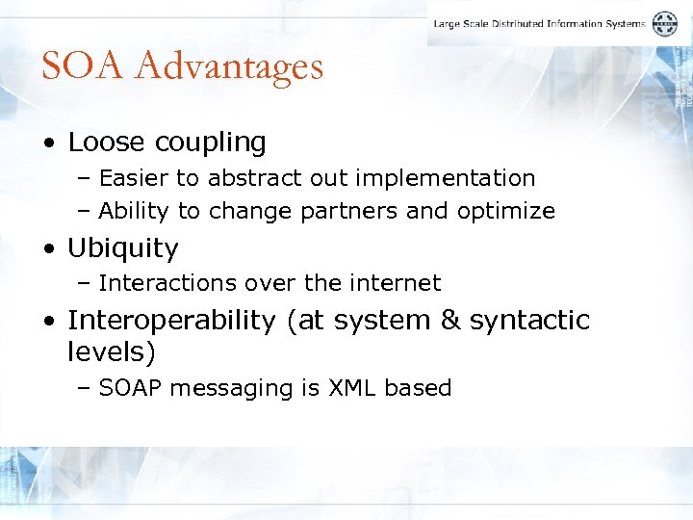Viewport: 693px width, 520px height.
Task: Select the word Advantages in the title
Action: [229, 66]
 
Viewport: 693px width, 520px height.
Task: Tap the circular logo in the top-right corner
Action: [665, 24]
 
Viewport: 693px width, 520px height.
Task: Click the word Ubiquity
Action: [122, 248]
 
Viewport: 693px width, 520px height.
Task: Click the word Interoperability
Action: [171, 320]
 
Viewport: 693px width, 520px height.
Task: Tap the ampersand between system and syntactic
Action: [450, 320]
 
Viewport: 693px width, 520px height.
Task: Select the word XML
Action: [353, 388]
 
